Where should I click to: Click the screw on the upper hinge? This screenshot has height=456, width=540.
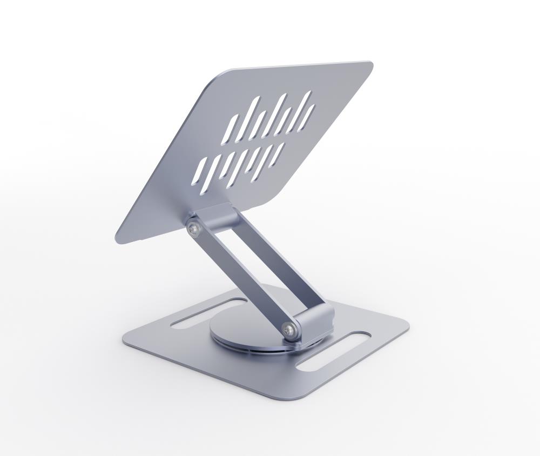click(193, 230)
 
